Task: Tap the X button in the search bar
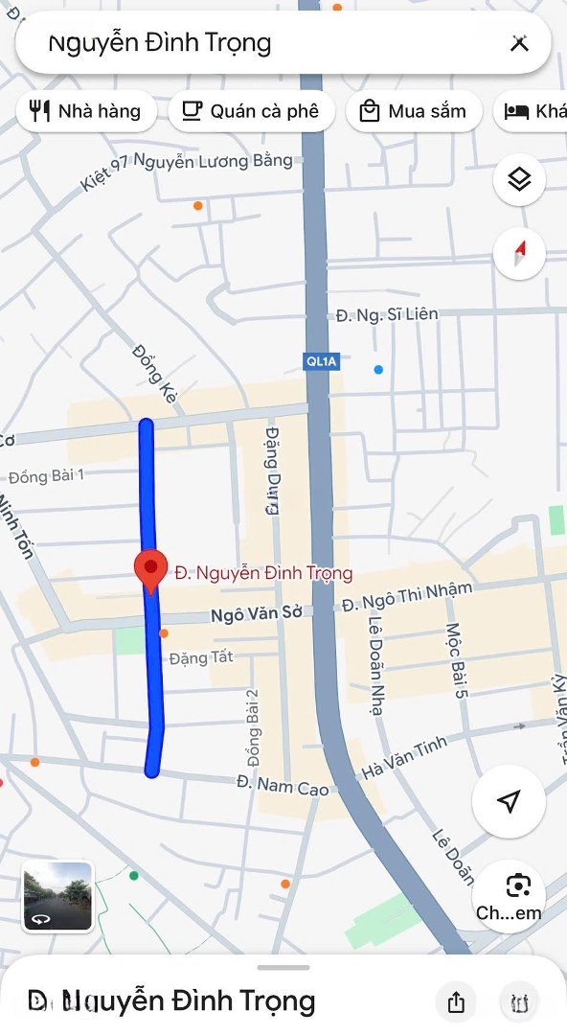(x=519, y=43)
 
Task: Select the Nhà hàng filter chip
(x=85, y=111)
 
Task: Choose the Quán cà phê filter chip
(x=251, y=111)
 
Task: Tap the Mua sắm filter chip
(x=412, y=111)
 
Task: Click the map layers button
(x=519, y=179)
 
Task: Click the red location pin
(x=150, y=570)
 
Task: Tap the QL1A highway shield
(x=318, y=361)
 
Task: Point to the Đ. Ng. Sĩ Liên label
(x=387, y=314)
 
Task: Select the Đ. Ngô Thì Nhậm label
(x=407, y=596)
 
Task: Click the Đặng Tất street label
(x=201, y=657)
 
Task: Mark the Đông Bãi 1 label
(x=47, y=476)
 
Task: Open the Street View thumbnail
(x=57, y=896)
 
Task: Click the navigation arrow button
(x=509, y=801)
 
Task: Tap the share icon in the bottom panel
(x=456, y=1002)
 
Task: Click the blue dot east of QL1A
(x=378, y=369)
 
